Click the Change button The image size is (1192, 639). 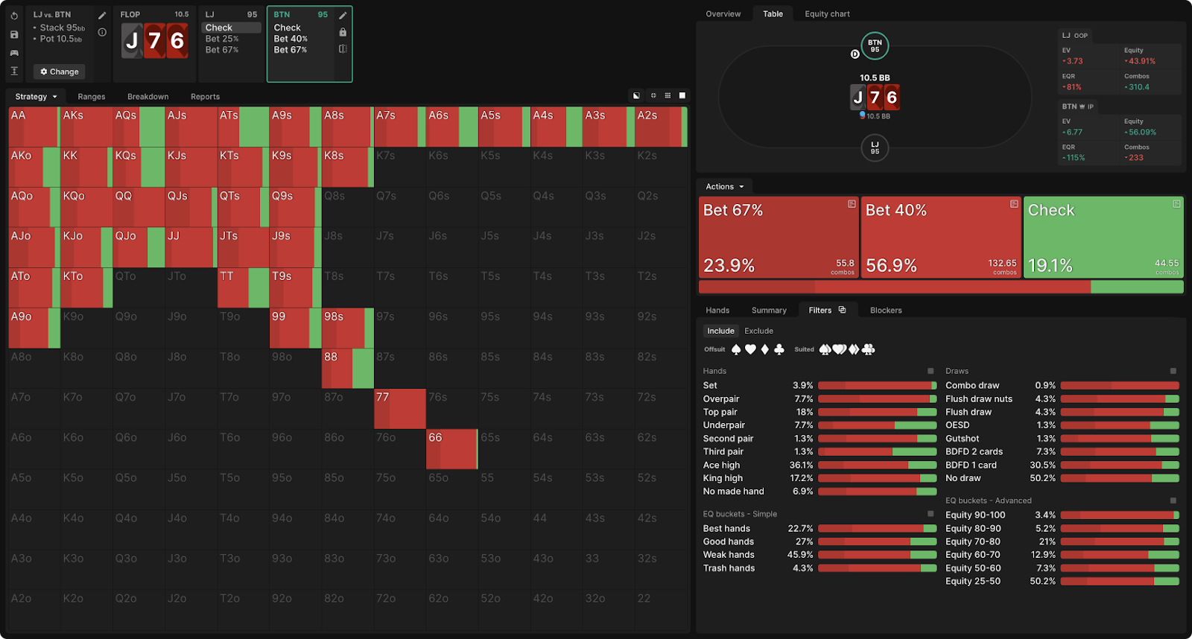coord(60,71)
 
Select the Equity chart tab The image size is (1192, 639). coord(827,14)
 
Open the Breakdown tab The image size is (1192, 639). coord(148,97)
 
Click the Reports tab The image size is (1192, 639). coord(205,97)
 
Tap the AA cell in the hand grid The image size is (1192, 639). coord(34,127)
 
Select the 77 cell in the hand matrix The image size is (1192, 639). coord(399,409)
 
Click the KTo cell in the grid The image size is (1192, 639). coord(86,287)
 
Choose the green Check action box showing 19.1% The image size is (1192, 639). coord(1103,238)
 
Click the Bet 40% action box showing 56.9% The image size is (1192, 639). coord(941,238)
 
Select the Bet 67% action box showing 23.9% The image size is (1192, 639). coord(779,238)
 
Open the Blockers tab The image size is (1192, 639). coord(886,311)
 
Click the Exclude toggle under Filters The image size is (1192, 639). coord(758,331)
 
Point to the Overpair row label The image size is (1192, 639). coord(721,399)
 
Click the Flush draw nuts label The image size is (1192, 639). coord(979,399)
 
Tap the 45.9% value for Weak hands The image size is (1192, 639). coord(800,555)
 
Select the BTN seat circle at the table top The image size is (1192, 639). coord(875,46)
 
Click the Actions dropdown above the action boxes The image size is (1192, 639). coord(724,187)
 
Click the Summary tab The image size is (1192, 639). coord(769,311)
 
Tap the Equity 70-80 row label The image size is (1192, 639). coord(973,541)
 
